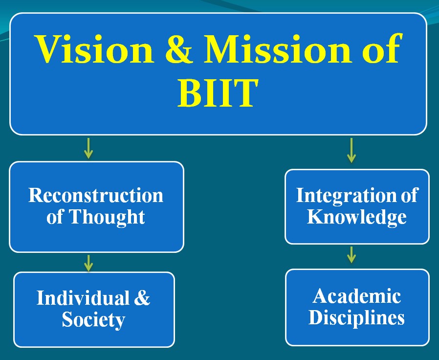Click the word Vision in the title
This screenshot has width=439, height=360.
[94, 49]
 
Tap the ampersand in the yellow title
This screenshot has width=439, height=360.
[179, 49]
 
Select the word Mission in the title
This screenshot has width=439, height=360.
[278, 49]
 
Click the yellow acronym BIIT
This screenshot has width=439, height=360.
[218, 93]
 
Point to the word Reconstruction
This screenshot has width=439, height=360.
[96, 195]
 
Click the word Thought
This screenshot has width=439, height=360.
[107, 217]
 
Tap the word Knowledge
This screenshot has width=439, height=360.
[357, 217]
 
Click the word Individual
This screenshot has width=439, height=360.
[83, 297]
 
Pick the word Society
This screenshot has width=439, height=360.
[93, 319]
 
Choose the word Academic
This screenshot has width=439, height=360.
[357, 296]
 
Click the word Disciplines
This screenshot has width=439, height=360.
[357, 318]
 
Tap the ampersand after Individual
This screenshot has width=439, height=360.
[142, 297]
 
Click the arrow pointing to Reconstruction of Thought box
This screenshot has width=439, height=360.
[88, 148]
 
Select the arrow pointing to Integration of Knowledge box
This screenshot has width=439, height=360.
[351, 151]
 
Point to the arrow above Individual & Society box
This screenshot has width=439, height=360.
[88, 263]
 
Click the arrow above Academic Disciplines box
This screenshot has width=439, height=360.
[351, 255]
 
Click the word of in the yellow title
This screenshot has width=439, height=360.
[381, 47]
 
